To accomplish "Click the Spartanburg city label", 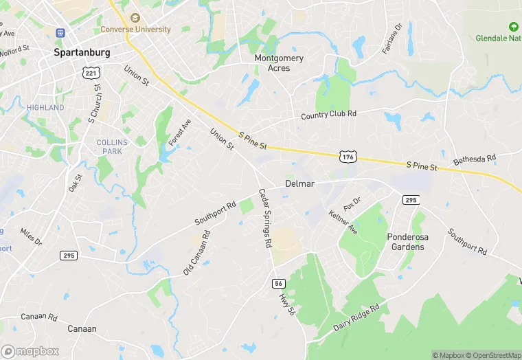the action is [x=82, y=52].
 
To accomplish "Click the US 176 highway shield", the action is [x=348, y=157].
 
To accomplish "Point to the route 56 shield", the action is [x=278, y=283].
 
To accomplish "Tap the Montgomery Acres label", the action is [x=279, y=63].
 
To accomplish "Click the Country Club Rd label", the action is [x=329, y=114].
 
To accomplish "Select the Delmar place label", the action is [x=299, y=184].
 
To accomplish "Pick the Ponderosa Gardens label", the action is [x=407, y=242].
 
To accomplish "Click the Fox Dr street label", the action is [x=352, y=203].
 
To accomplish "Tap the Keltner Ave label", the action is [x=343, y=221].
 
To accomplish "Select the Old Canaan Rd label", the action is [x=196, y=253].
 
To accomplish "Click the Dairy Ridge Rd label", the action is [x=356, y=318].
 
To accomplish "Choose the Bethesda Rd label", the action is [x=475, y=159].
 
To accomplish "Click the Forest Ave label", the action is [x=180, y=133].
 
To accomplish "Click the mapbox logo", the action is [x=31, y=351].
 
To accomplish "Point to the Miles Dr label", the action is [x=31, y=237].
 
